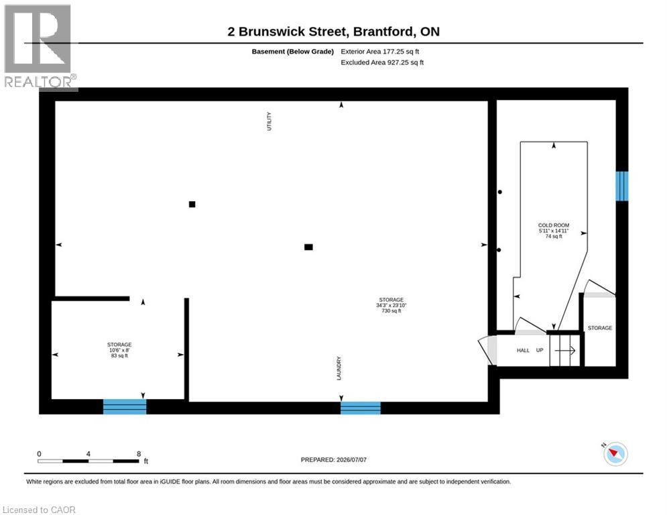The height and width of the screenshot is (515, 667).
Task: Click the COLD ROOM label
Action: [x=554, y=225]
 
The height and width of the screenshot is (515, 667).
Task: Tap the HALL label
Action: [x=523, y=350]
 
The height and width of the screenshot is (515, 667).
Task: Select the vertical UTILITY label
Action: [x=269, y=121]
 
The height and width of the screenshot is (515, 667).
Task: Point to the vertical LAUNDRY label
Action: [x=339, y=368]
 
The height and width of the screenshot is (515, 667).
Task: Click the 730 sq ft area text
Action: [x=391, y=310]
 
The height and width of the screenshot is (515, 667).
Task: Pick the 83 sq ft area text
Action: [x=119, y=355]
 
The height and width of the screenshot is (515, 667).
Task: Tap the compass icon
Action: [x=615, y=454]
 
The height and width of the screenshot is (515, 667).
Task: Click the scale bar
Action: [x=88, y=461]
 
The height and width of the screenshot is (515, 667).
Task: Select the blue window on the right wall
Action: [x=622, y=186]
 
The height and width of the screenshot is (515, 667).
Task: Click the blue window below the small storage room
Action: [x=125, y=406]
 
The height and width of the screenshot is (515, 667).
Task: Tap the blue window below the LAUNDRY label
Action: [x=361, y=408]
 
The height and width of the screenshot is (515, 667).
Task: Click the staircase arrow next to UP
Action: [x=565, y=350]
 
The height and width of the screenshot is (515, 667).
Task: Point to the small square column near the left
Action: [x=192, y=205]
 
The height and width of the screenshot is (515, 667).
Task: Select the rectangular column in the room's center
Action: [x=309, y=247]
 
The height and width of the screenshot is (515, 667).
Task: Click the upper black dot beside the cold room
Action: [x=500, y=192]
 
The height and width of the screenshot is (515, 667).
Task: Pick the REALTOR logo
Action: [x=38, y=47]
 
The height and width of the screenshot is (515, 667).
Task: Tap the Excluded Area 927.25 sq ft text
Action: [x=382, y=62]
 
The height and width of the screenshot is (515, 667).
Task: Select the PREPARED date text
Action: [x=334, y=459]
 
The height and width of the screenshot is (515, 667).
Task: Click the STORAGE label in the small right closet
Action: [x=600, y=328]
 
